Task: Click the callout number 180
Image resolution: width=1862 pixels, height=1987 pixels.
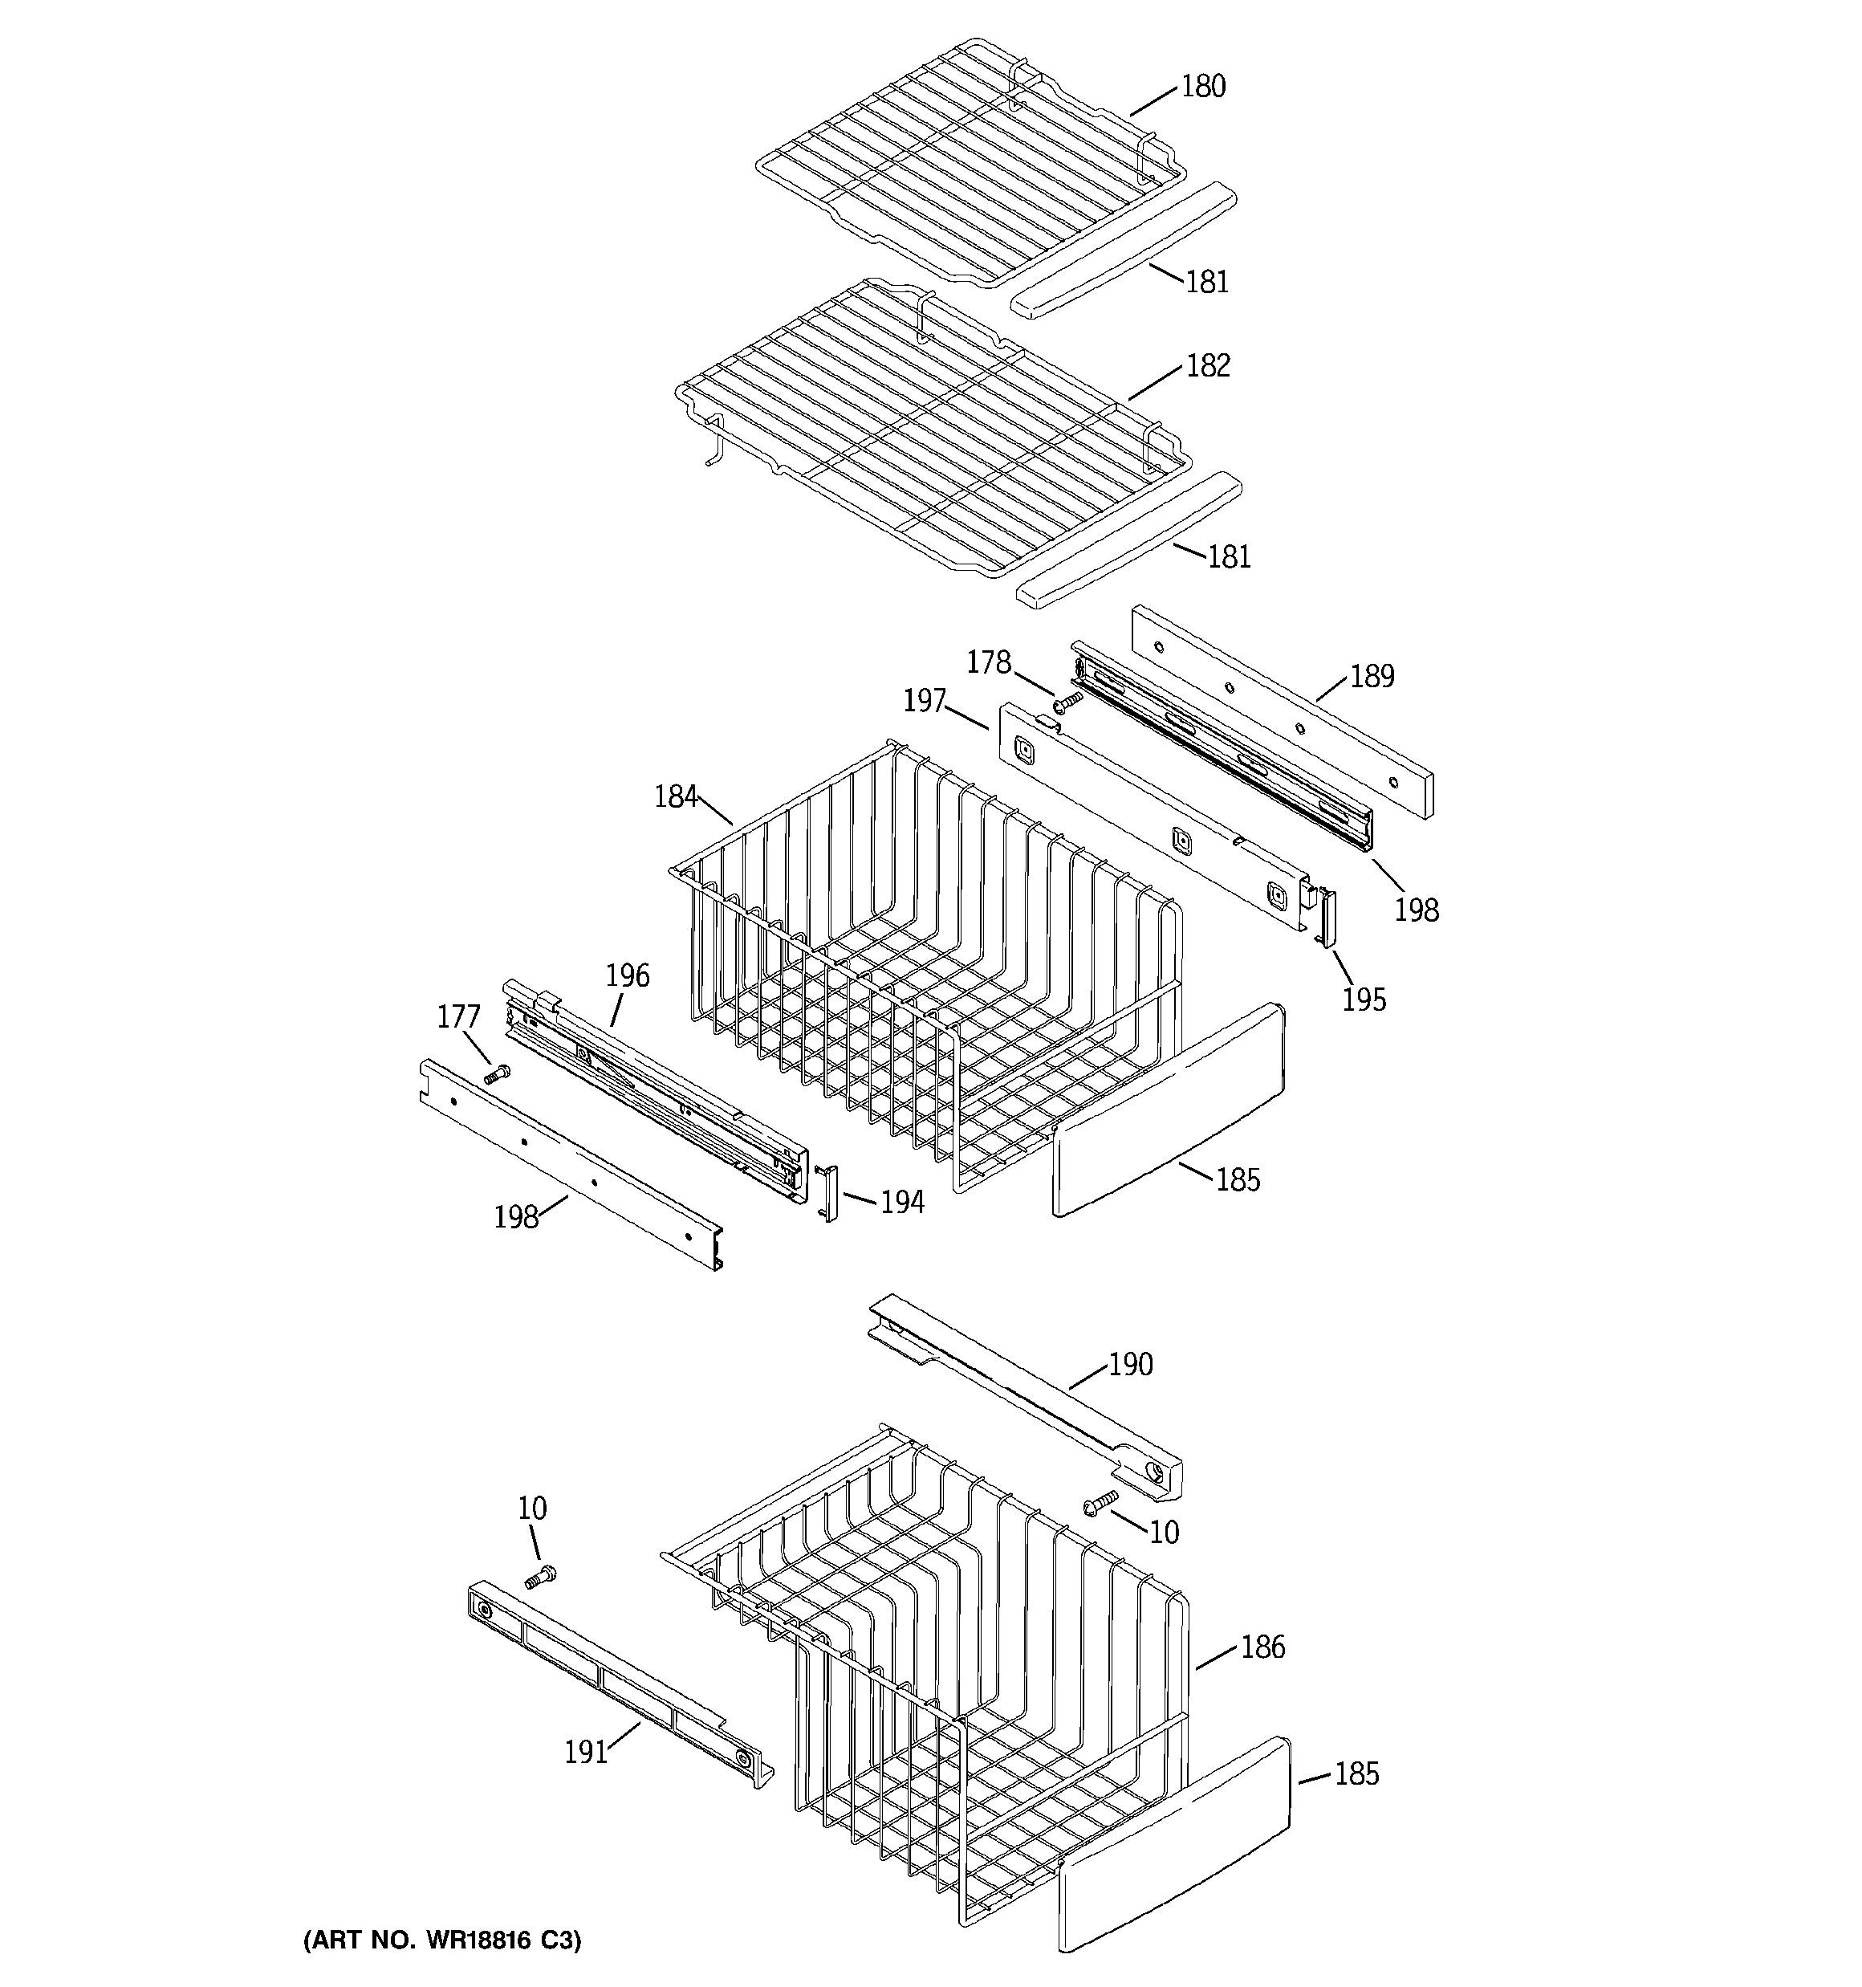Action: [1202, 87]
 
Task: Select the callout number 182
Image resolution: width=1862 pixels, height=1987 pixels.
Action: [1207, 366]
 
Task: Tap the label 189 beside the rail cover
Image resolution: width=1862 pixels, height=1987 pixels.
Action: [1372, 677]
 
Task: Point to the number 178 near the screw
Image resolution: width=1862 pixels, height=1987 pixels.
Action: [989, 662]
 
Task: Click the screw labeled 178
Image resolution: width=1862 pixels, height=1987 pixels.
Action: [1068, 702]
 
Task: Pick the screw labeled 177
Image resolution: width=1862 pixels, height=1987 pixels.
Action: [497, 1074]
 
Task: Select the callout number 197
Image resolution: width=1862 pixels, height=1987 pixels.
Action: [925, 702]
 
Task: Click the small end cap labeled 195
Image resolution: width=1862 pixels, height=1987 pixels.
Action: [1328, 917]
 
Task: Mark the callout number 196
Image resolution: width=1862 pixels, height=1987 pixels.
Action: [627, 975]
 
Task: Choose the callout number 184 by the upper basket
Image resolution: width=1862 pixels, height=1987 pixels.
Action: [676, 796]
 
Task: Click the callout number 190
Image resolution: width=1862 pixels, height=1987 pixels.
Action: [1130, 1364]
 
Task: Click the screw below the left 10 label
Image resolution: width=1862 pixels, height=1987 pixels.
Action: [539, 1578]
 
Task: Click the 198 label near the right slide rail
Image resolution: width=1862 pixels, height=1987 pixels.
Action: [1417, 910]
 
